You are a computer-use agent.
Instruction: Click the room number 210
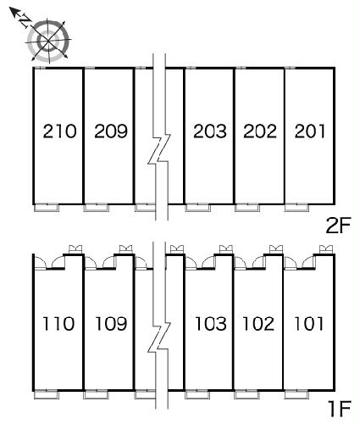[x=59, y=131]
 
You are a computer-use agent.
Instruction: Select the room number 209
[x=111, y=131]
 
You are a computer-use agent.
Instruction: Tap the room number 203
[x=210, y=131]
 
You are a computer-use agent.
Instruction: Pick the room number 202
[x=260, y=131]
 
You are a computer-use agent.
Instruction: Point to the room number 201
[x=310, y=131]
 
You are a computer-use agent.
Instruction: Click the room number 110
[x=58, y=324]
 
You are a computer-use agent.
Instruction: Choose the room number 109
[x=111, y=324]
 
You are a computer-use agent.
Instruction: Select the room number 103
[x=211, y=324]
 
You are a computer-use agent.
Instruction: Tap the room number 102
[x=258, y=324]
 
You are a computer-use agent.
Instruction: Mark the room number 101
[x=308, y=324]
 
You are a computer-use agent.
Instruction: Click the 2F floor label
[x=338, y=226]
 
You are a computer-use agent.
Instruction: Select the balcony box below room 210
[x=47, y=208]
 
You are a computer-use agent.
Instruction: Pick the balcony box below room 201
[x=296, y=208]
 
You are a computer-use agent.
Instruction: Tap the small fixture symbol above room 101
[x=326, y=249]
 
